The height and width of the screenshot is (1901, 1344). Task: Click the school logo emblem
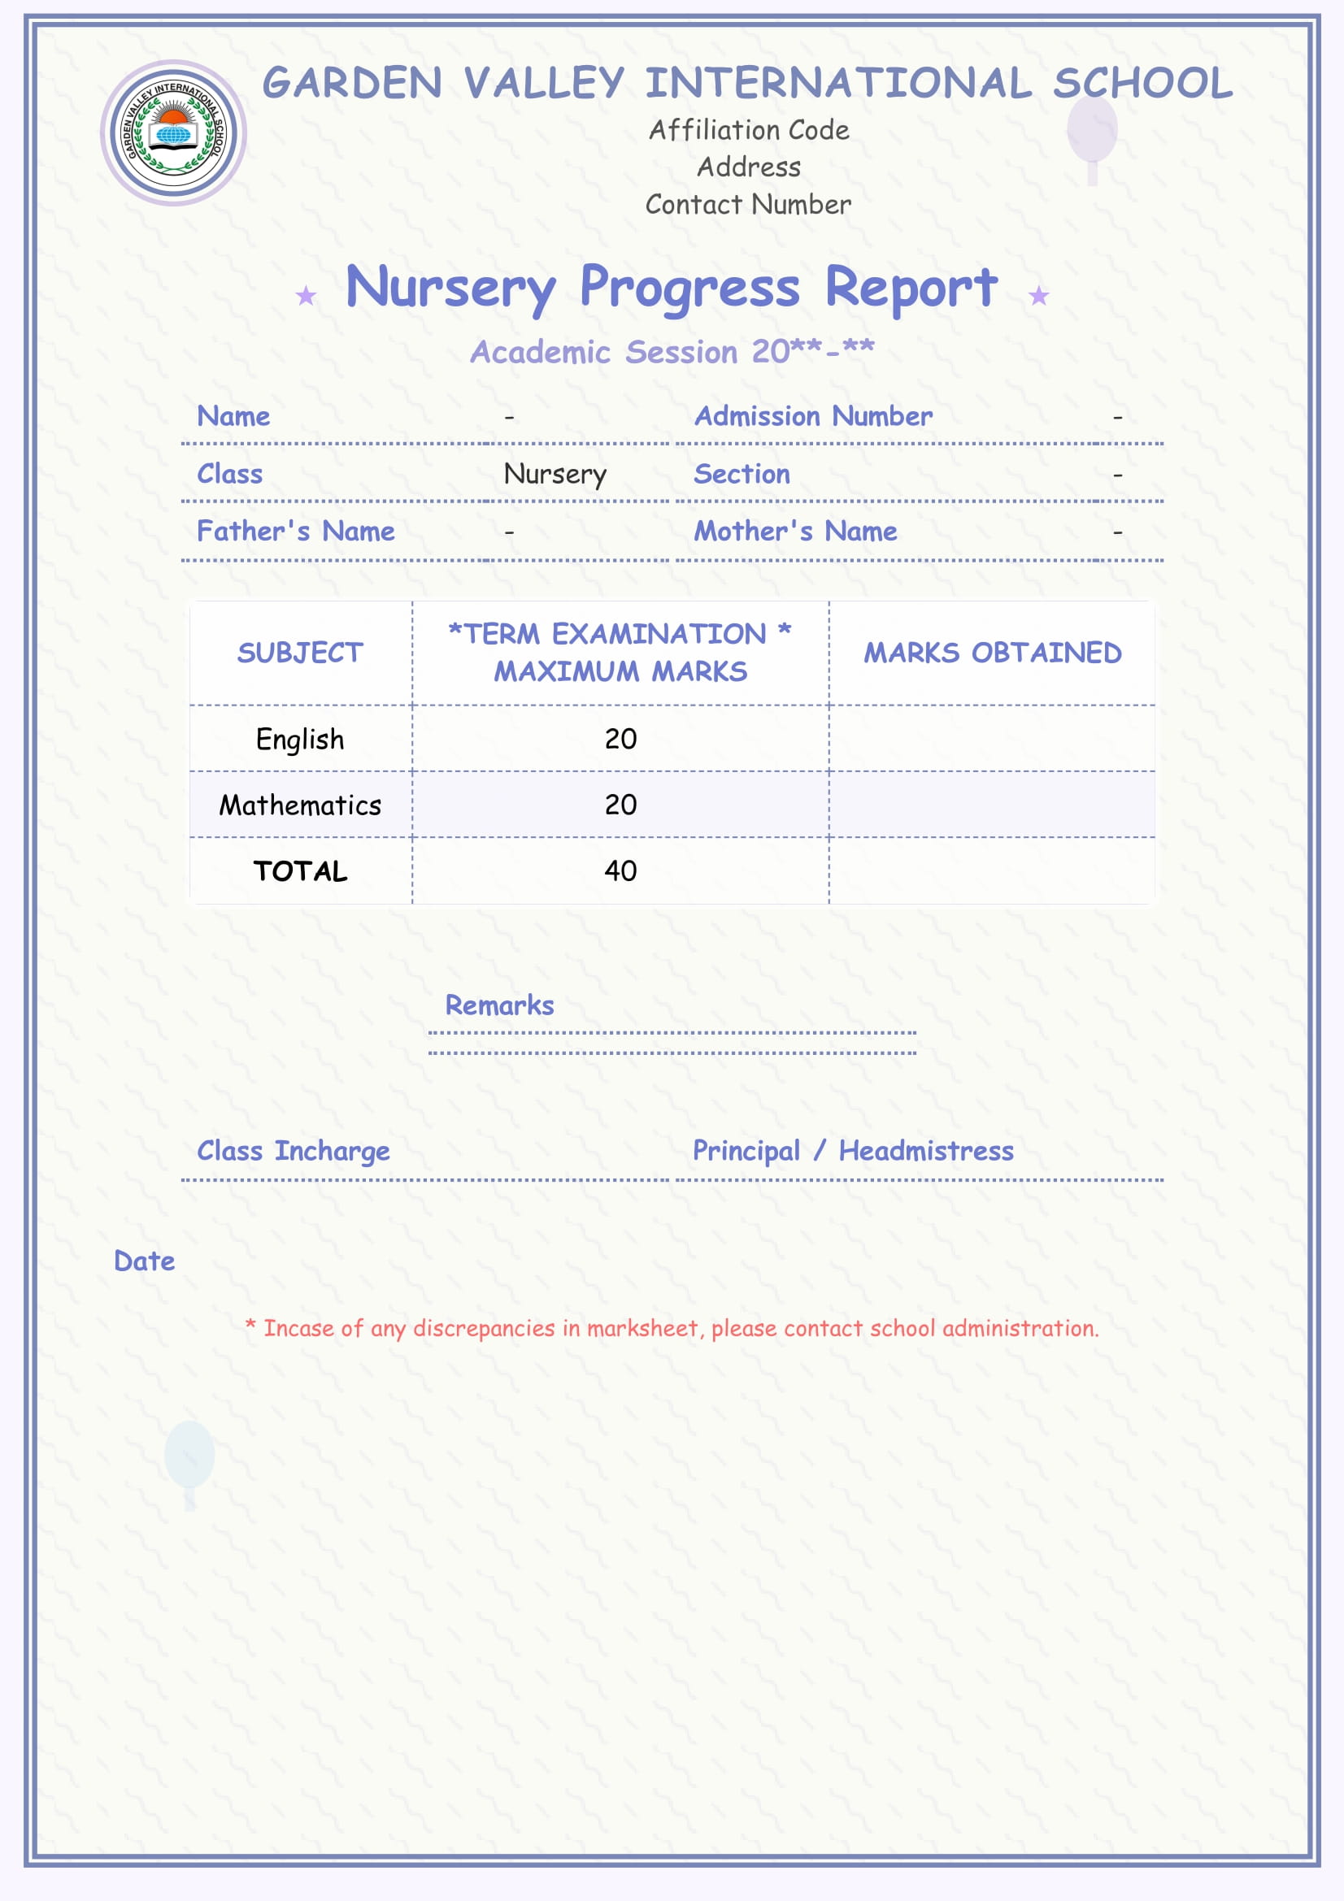pos(173,132)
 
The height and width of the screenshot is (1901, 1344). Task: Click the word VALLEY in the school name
pos(544,84)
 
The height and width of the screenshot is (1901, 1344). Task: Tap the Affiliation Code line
pos(749,130)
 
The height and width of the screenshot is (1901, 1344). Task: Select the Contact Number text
pos(749,205)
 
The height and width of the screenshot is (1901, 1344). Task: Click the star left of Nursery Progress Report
pos(307,295)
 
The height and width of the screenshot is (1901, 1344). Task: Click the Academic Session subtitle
pos(672,352)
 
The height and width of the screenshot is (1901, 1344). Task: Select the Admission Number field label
pos(813,415)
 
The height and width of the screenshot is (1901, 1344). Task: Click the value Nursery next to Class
pos(555,475)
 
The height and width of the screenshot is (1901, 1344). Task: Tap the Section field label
pos(742,474)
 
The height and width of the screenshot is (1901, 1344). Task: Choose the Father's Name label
pos(296,531)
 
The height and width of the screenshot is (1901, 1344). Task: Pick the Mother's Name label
pos(795,531)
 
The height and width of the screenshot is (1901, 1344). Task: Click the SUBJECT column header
pos(300,653)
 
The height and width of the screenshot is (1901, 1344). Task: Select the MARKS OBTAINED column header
pos(992,653)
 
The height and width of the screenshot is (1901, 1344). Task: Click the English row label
pos(300,739)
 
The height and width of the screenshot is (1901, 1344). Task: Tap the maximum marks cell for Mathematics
pos(620,805)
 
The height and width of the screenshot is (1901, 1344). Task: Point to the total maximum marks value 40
pos(620,870)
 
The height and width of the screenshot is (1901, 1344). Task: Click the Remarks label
pos(499,1005)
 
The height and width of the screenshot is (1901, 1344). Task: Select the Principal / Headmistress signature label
pos(853,1151)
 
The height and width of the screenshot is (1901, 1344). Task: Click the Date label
pos(145,1261)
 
